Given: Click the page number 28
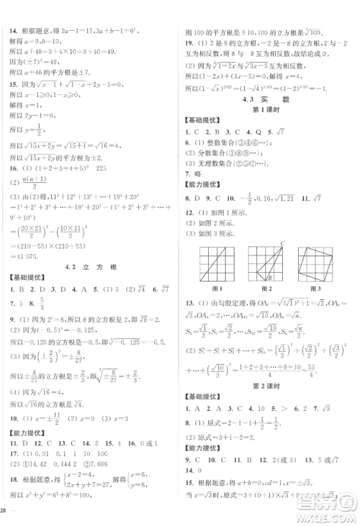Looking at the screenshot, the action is [x=6, y=512].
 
